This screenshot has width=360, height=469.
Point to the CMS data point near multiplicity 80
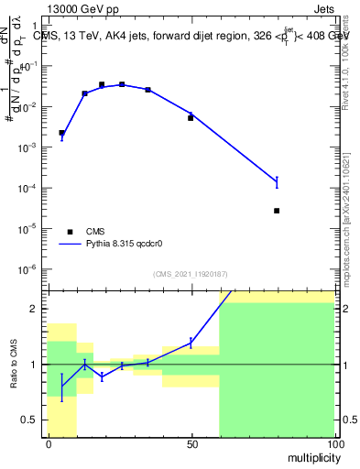click(x=277, y=211)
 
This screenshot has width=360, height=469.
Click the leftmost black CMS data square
click(x=61, y=133)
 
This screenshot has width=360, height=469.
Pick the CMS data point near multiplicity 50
click(x=191, y=118)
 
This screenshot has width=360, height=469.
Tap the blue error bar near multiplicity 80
click(x=277, y=182)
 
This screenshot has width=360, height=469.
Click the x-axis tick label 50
click(x=191, y=444)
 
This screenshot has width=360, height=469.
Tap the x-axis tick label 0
click(x=48, y=444)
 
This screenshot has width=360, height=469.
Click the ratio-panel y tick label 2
click(x=36, y=309)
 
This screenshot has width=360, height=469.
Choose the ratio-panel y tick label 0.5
click(x=32, y=420)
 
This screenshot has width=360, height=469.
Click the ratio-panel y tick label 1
click(x=36, y=365)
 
